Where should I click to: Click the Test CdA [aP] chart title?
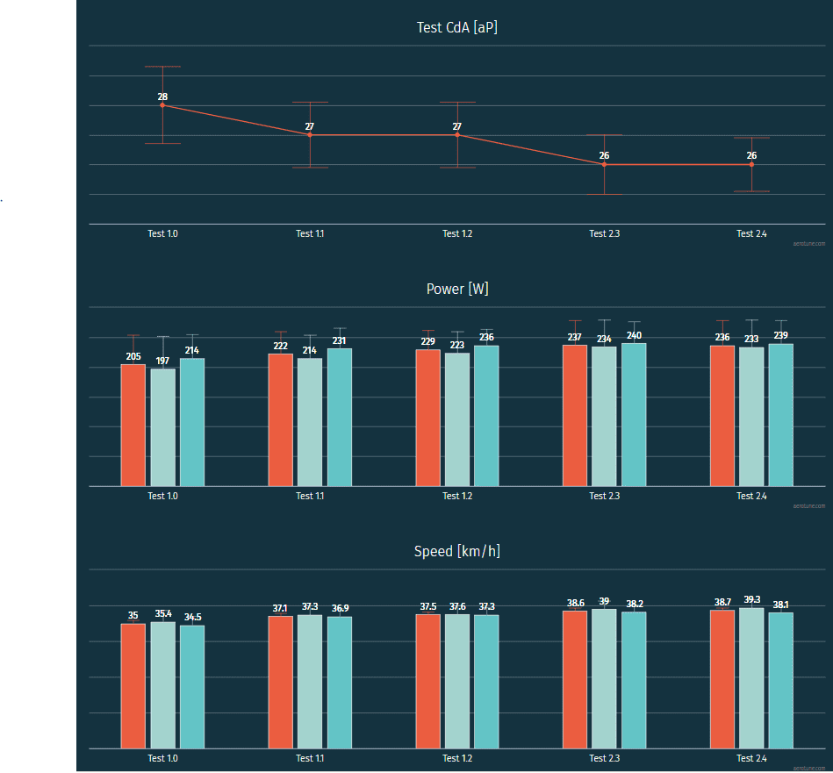pyautogui.click(x=457, y=27)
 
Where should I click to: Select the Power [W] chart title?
pyautogui.click(x=457, y=289)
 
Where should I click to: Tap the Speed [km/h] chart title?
pyautogui.click(x=457, y=551)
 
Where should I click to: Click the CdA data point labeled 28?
pyautogui.click(x=162, y=105)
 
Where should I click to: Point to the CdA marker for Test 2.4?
pyautogui.click(x=751, y=165)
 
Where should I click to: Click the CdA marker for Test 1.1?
pyautogui.click(x=310, y=135)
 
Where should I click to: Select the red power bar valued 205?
pyautogui.click(x=133, y=425)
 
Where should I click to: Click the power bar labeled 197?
pyautogui.click(x=162, y=427)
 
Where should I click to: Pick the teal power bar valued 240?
pyautogui.click(x=634, y=414)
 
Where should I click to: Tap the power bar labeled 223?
pyautogui.click(x=457, y=419)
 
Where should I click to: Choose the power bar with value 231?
pyautogui.click(x=340, y=417)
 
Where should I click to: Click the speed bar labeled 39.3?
pyautogui.click(x=751, y=677)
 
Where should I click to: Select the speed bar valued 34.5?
pyautogui.click(x=192, y=686)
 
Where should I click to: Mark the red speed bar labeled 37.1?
pyautogui.click(x=281, y=682)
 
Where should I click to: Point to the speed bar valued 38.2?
pyautogui.click(x=634, y=680)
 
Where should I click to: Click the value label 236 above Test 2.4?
pyautogui.click(x=722, y=338)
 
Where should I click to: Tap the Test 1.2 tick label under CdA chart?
pyautogui.click(x=457, y=234)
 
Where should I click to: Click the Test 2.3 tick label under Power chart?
pyautogui.click(x=604, y=497)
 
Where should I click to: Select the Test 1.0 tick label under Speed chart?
pyautogui.click(x=162, y=759)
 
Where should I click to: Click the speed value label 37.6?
pyautogui.click(x=457, y=606)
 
